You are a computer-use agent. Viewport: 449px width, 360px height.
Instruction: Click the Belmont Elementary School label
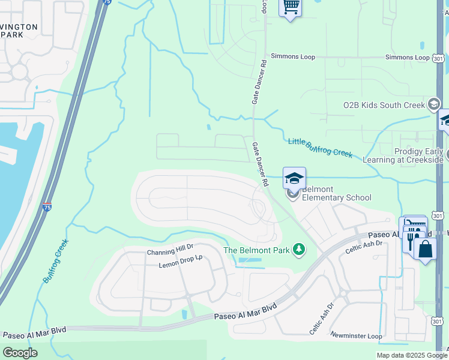(336, 193)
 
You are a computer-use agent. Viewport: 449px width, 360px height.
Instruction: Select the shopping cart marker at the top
(291, 7)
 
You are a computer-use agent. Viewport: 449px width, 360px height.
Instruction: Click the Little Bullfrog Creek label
(320, 146)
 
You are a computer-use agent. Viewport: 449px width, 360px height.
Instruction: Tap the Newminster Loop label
(356, 336)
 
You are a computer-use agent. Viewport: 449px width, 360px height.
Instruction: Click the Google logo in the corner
(20, 353)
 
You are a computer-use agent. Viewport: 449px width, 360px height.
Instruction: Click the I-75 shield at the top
(106, 2)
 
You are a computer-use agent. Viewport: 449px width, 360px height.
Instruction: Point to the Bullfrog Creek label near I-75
(56, 262)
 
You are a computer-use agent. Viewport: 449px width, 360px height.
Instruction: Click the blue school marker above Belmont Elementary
(294, 178)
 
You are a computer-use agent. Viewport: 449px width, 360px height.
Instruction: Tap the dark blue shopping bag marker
(425, 250)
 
